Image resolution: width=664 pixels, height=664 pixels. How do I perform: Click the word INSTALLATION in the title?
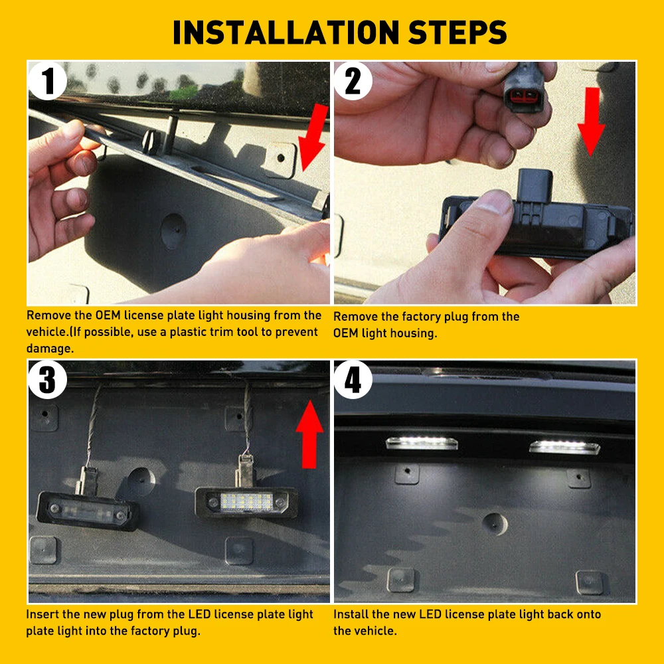pyautogui.click(x=286, y=32)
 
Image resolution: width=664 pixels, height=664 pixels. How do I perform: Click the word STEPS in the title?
pyautogui.click(x=457, y=32)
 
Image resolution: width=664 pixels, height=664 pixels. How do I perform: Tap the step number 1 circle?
pyautogui.click(x=47, y=81)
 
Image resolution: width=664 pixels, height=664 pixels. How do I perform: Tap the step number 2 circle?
pyautogui.click(x=353, y=81)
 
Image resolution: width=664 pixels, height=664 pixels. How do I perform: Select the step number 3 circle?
pyautogui.click(x=47, y=379)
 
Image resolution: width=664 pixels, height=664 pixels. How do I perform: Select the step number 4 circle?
pyautogui.click(x=353, y=379)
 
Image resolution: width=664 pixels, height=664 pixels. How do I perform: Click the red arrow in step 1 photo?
pyautogui.click(x=313, y=137)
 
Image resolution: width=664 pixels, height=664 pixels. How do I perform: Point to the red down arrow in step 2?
pyautogui.click(x=592, y=122)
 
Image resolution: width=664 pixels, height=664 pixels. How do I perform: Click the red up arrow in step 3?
pyautogui.click(x=309, y=434)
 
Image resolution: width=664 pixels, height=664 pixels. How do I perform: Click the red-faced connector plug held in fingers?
pyautogui.click(x=524, y=88)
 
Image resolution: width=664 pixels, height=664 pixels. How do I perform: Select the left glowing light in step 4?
pyautogui.click(x=422, y=443)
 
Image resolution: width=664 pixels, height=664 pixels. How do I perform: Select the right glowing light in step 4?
pyautogui.click(x=564, y=447)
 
